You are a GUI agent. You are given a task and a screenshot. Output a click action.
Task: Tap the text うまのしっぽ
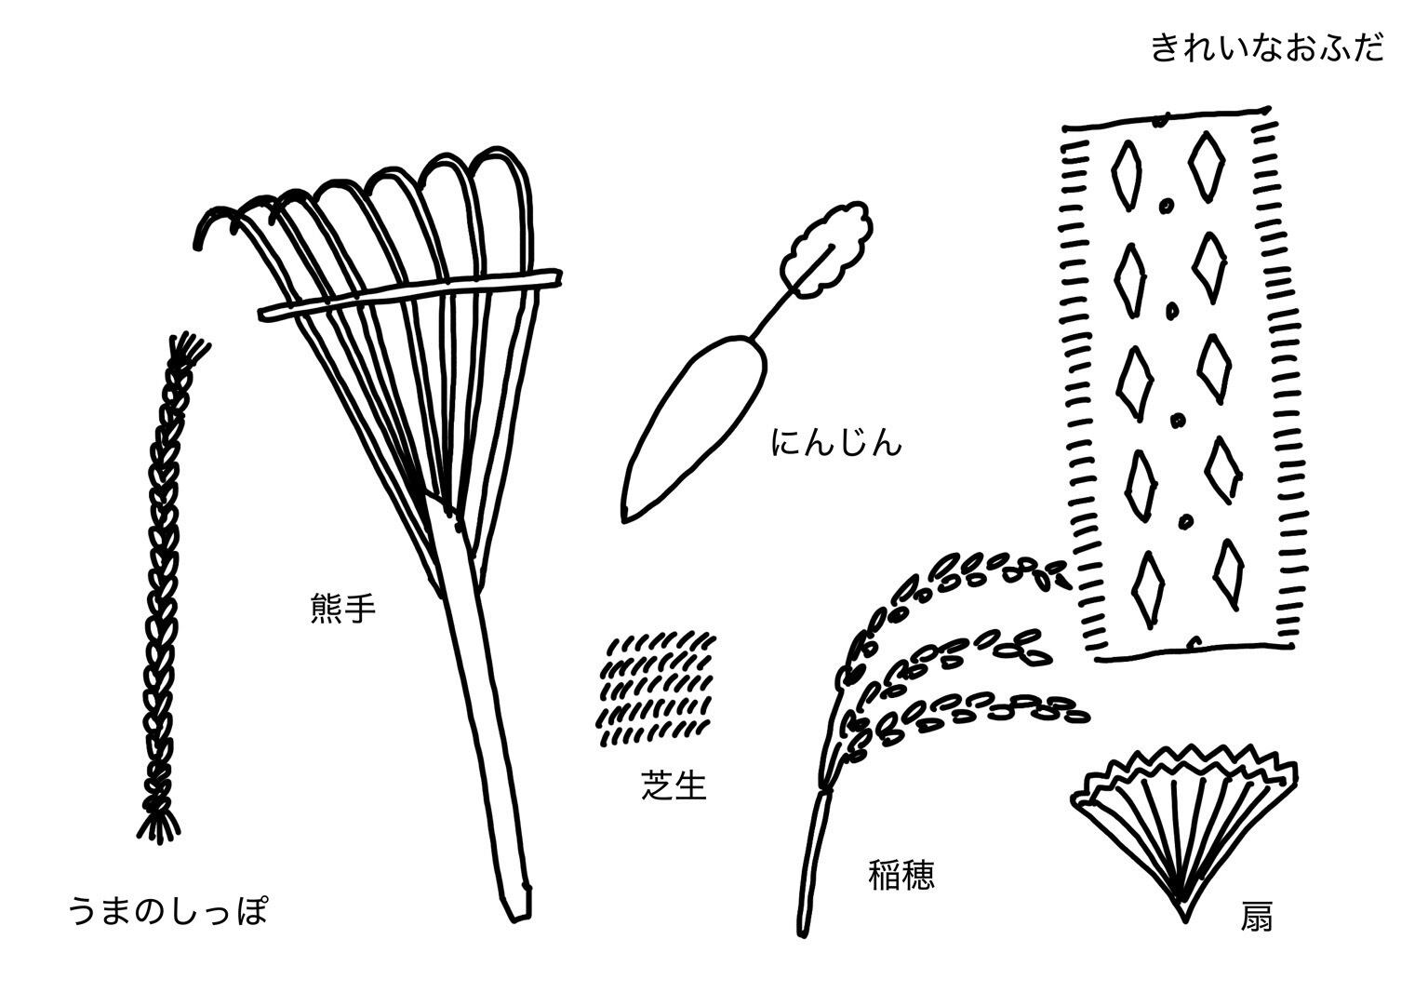coord(168,910)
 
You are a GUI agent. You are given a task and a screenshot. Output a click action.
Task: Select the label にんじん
coord(836,443)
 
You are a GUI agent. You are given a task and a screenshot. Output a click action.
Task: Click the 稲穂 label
coord(901,876)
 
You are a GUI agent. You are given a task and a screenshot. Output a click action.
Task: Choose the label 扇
coord(1255,918)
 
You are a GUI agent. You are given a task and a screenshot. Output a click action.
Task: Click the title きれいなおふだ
coord(1267,47)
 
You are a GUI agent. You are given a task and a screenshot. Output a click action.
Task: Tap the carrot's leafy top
coord(828,251)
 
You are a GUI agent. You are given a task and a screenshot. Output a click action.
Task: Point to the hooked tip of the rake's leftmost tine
coord(201,238)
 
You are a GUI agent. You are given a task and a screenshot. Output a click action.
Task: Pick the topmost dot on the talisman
coord(1165,204)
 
